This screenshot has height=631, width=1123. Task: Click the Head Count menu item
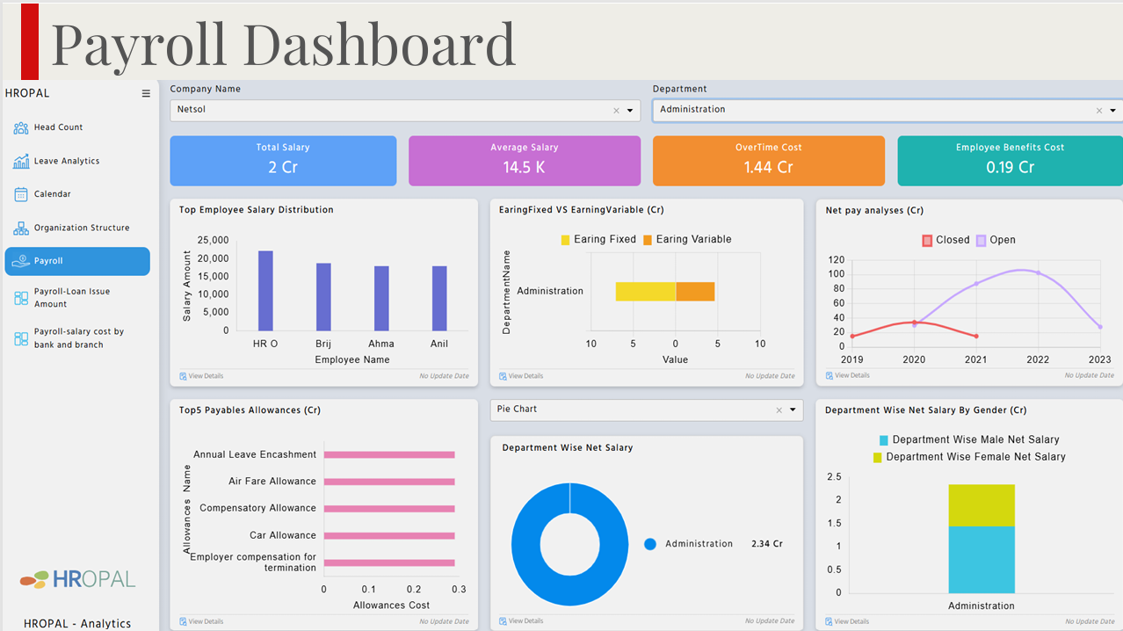coord(58,127)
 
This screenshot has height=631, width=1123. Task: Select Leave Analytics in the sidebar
coord(66,161)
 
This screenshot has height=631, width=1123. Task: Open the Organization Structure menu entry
coord(81,228)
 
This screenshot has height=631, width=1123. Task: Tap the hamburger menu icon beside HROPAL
coord(146,93)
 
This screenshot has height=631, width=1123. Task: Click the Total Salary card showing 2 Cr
coord(283,160)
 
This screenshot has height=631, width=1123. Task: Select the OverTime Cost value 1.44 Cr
coord(768,167)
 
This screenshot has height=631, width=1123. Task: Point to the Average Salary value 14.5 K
coord(524,167)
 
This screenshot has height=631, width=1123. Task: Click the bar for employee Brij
coord(323,297)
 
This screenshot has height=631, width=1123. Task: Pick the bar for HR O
coord(265,290)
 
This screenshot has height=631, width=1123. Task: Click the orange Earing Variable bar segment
coord(695,292)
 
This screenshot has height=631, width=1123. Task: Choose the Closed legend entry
coord(945,240)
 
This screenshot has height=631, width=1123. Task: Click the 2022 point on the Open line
coord(1038,273)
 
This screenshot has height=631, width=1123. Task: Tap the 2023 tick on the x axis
coord(1099,359)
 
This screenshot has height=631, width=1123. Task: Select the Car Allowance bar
coord(388,535)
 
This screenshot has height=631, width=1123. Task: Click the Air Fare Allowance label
coord(272,482)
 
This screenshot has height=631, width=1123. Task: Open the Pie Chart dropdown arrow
coord(793,410)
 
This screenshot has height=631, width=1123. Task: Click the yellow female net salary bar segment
coord(982,505)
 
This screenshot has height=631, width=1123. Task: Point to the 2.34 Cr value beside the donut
coord(766,544)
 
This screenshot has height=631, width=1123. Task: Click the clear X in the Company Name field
coord(616,111)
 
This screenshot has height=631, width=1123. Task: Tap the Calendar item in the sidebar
coord(52,194)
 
